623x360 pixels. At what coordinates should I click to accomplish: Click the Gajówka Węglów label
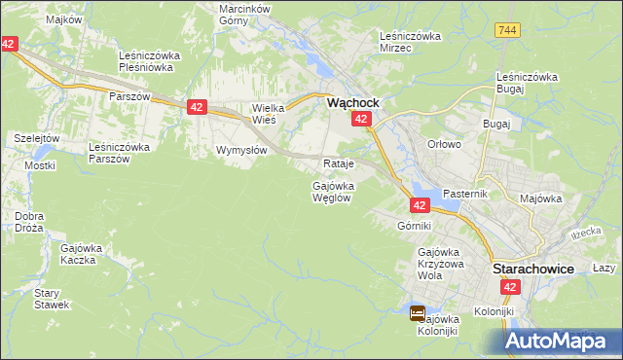pyautogui.click(x=331, y=191)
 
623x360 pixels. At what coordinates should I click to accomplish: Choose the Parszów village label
pyautogui.click(x=128, y=97)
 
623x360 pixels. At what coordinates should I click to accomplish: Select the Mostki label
pyautogui.click(x=39, y=165)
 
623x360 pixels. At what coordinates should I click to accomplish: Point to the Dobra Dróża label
pyautogui.click(x=29, y=222)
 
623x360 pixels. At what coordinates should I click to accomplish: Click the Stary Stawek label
pyautogui.click(x=49, y=298)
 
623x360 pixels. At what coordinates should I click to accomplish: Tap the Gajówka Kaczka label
pyautogui.click(x=82, y=254)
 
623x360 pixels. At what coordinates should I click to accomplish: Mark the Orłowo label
pyautogui.click(x=443, y=143)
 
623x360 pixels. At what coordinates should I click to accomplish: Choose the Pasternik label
pyautogui.click(x=463, y=194)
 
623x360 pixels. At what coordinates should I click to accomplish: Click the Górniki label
pyautogui.click(x=414, y=226)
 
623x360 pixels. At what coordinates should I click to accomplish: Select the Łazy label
pyautogui.click(x=604, y=268)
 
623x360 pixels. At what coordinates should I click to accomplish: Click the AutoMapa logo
pyautogui.click(x=562, y=341)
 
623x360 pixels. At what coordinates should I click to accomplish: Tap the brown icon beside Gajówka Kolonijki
pyautogui.click(x=417, y=313)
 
